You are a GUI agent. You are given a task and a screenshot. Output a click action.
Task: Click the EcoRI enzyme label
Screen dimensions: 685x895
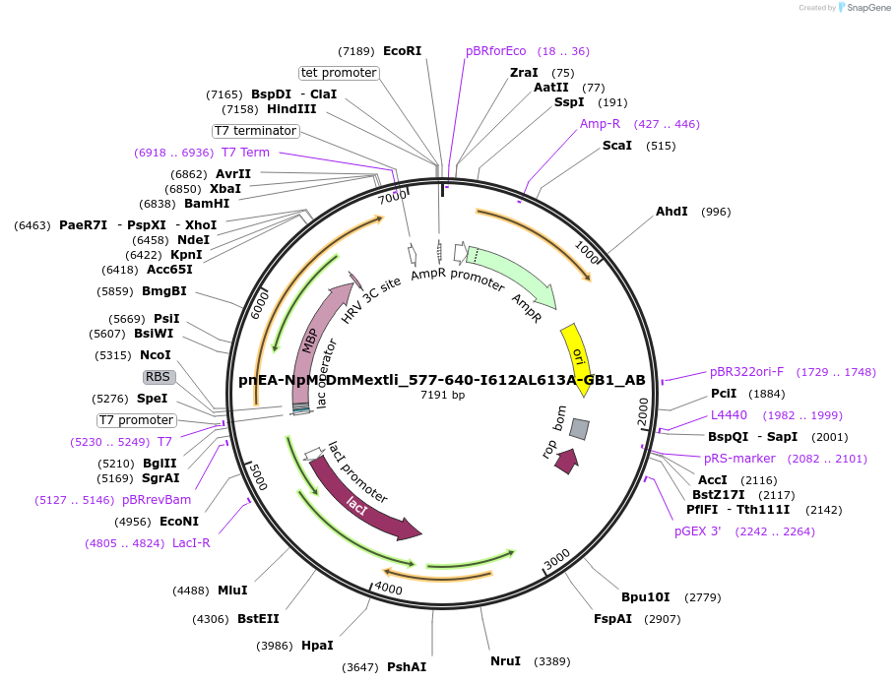[402, 50]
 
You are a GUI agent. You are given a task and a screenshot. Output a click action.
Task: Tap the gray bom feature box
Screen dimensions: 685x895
[579, 429]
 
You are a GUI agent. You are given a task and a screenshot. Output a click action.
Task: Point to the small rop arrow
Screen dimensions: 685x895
[566, 462]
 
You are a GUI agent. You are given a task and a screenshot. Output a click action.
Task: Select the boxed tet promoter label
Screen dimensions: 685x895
[339, 73]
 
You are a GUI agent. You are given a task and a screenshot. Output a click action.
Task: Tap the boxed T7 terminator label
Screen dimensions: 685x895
[255, 131]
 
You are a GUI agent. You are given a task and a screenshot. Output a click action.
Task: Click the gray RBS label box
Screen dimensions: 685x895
[158, 377]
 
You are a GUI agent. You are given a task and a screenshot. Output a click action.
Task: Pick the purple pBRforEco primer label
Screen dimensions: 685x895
[496, 51]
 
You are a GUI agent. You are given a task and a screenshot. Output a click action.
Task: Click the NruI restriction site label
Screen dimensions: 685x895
[505, 660]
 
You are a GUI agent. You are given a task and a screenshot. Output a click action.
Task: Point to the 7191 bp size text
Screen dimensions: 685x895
[442, 395]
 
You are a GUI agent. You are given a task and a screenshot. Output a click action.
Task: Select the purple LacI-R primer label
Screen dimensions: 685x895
[191, 542]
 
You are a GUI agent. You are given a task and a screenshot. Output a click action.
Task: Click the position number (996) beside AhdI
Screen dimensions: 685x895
[716, 212]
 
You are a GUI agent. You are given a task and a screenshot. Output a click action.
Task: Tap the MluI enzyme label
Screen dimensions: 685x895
[232, 591]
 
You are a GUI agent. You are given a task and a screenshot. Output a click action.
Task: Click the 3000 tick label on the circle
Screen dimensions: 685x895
[557, 558]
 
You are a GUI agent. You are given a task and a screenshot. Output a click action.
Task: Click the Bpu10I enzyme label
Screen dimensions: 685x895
[645, 597]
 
